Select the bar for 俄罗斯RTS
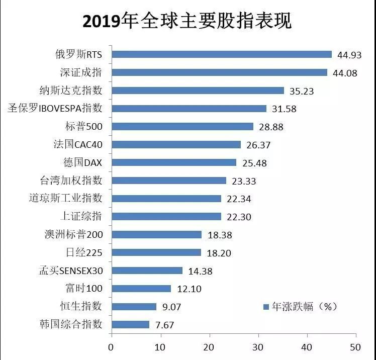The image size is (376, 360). point(221,54)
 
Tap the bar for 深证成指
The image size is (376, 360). point(219,72)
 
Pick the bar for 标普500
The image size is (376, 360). point(182,126)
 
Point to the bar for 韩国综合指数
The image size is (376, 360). point(130,324)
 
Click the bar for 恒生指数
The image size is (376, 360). point(134,306)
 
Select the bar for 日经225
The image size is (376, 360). point(156,252)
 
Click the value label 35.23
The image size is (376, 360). point(302,91)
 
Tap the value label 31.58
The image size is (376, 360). point(284,109)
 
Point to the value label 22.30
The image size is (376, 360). point(239,217)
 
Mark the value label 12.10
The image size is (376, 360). point(189,289)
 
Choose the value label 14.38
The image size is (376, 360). point(200,271)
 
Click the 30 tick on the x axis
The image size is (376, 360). point(258,346)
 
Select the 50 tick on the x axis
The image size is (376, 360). point(356,346)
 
